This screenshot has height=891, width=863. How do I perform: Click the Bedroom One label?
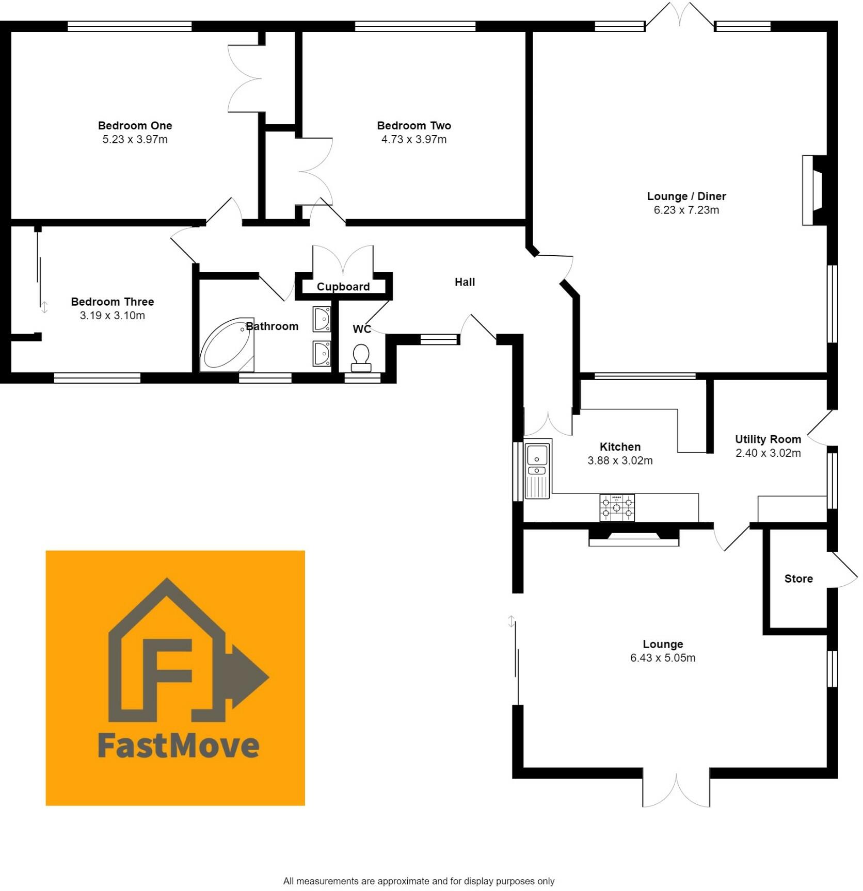tap(135, 125)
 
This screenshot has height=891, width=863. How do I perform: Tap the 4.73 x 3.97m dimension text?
tap(414, 139)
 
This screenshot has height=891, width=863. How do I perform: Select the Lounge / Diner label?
tap(686, 196)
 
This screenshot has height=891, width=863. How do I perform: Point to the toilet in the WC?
tap(361, 357)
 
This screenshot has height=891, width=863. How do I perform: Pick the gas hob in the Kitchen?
tap(617, 507)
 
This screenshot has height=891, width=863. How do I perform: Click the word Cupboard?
tap(343, 287)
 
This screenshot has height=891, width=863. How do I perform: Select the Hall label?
tap(465, 282)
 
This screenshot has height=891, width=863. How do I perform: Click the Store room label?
tap(798, 579)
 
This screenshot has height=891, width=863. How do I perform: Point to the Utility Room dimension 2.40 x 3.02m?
tap(768, 453)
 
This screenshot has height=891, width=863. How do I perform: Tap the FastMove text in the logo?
tap(178, 746)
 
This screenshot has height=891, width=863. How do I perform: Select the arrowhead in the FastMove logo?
tap(250, 676)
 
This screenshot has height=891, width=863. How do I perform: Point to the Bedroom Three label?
tap(113, 302)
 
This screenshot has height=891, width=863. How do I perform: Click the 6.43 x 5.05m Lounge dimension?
tap(662, 657)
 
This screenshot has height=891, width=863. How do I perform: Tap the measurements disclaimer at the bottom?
tap(419, 881)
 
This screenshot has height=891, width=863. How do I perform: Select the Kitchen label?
tap(620, 447)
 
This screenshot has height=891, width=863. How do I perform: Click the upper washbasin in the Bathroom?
tap(322, 319)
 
